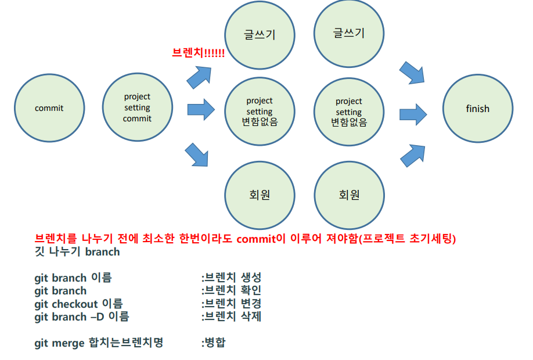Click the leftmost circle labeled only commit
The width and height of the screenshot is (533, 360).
pyautogui.click(x=49, y=108)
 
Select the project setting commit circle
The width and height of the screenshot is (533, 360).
pyautogui.click(x=137, y=108)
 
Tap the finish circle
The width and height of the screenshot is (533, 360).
pyautogui.click(x=477, y=109)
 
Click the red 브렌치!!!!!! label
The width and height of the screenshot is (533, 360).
pyautogui.click(x=199, y=53)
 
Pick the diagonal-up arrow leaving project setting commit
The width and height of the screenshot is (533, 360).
pyautogui.click(x=199, y=75)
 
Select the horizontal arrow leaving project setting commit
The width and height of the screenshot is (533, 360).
pyautogui.click(x=201, y=109)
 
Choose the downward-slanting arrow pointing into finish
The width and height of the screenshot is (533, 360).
pyautogui.click(x=413, y=73)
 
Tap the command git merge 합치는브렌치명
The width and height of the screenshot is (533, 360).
pyautogui.click(x=99, y=343)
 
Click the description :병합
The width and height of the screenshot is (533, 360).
pyautogui.click(x=213, y=343)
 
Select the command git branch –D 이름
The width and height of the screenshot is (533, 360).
pyautogui.click(x=82, y=316)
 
